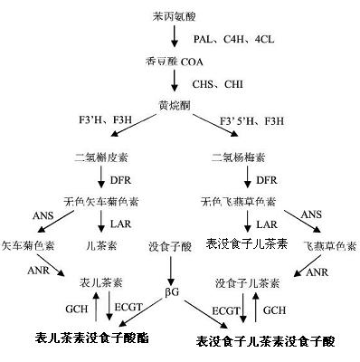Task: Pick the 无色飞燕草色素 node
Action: tap(238, 200)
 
